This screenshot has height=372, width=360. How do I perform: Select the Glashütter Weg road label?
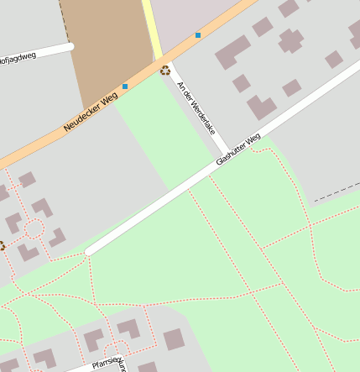(238, 149)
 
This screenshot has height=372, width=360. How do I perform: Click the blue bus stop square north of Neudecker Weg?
(198, 35)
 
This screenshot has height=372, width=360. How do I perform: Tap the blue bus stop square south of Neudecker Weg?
(125, 86)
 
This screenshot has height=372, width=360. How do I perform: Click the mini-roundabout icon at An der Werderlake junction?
(164, 71)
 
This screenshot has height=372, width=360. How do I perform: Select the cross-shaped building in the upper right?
(291, 39)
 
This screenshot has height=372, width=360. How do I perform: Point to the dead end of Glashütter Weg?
(88, 251)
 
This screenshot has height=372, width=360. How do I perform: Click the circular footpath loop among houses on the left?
(34, 228)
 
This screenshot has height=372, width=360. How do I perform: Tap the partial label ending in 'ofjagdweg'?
(18, 59)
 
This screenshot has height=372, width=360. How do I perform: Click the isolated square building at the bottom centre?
(174, 339)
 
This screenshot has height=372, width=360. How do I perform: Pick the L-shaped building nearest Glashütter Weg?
(261, 107)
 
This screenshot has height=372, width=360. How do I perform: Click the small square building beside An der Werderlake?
(242, 83)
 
